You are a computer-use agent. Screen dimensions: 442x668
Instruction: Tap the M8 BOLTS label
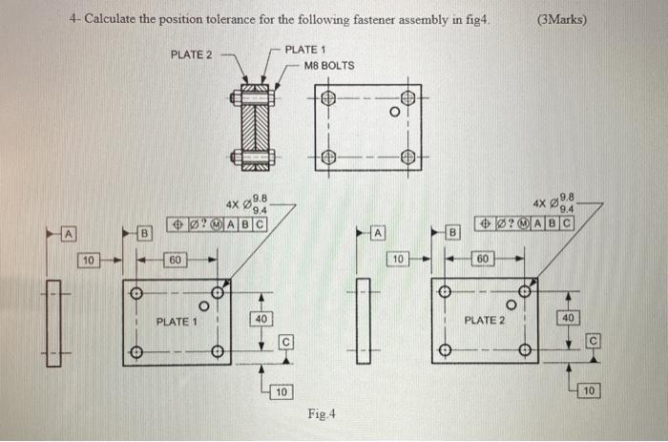point(329,66)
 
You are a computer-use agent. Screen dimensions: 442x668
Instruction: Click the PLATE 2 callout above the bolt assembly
point(191,54)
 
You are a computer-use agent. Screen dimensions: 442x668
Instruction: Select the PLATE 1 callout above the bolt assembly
point(306,50)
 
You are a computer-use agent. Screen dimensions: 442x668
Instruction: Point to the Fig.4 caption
point(322,413)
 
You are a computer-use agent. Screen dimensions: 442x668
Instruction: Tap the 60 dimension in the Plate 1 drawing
point(176,259)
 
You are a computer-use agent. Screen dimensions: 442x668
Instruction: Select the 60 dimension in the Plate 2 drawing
point(484,259)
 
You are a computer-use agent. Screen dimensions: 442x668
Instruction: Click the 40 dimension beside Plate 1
point(261,318)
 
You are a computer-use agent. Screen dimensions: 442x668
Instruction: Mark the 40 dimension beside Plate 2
point(569,318)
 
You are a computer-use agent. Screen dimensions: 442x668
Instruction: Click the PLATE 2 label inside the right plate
point(484,320)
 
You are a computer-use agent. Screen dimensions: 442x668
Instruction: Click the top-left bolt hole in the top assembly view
point(329,98)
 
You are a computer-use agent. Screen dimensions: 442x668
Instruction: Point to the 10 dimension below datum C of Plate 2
point(589,391)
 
